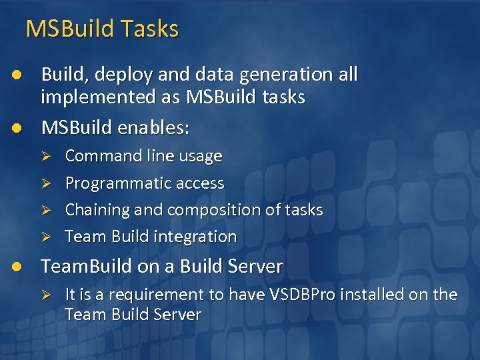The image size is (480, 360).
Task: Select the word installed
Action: [373, 295]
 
